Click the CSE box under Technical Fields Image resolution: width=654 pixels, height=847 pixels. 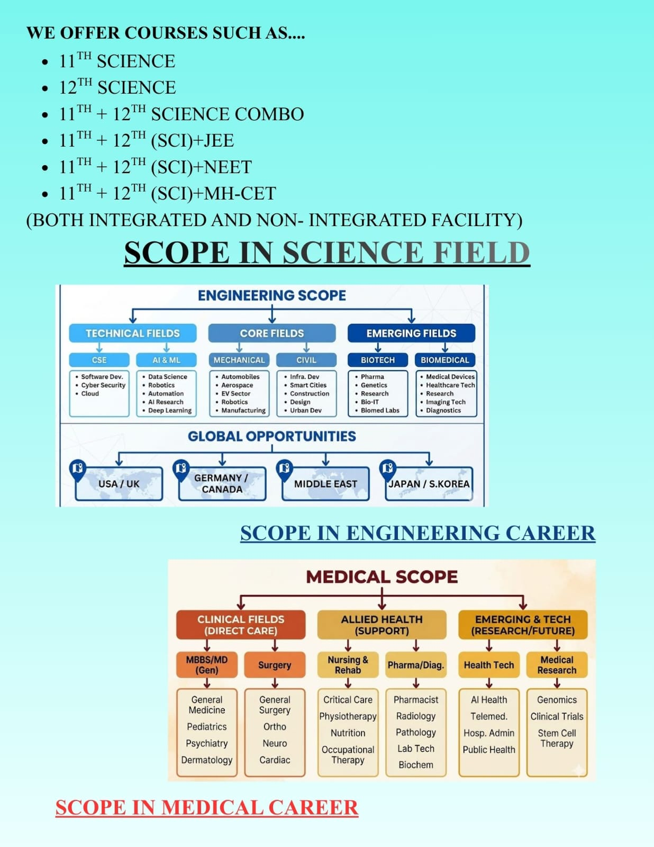[99, 360]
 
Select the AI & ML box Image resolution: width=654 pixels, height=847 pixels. [166, 360]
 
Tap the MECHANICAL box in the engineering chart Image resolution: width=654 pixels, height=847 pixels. [239, 360]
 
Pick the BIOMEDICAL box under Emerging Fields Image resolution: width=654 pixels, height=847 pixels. [444, 360]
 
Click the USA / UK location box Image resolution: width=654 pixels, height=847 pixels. [119, 484]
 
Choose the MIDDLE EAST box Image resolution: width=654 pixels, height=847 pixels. [325, 484]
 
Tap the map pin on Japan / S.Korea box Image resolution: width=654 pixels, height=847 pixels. [387, 468]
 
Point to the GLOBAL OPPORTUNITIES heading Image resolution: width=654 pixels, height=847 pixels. [271, 436]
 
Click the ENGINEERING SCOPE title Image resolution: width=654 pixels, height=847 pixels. [271, 295]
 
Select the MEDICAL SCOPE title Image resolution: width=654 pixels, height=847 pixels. [381, 576]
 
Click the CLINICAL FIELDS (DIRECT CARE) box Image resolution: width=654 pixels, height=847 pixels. [241, 625]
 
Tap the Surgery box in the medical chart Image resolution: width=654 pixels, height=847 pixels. [275, 665]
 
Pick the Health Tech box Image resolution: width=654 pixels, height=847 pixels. [488, 665]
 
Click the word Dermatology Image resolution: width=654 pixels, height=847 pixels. [206, 760]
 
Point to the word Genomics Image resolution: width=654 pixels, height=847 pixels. [557, 700]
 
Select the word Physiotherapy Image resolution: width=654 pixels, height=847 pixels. [348, 716]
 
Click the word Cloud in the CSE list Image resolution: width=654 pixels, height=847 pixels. [90, 393]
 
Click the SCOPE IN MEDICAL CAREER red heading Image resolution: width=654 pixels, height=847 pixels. [207, 807]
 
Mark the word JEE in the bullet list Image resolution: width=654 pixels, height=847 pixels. [219, 141]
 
